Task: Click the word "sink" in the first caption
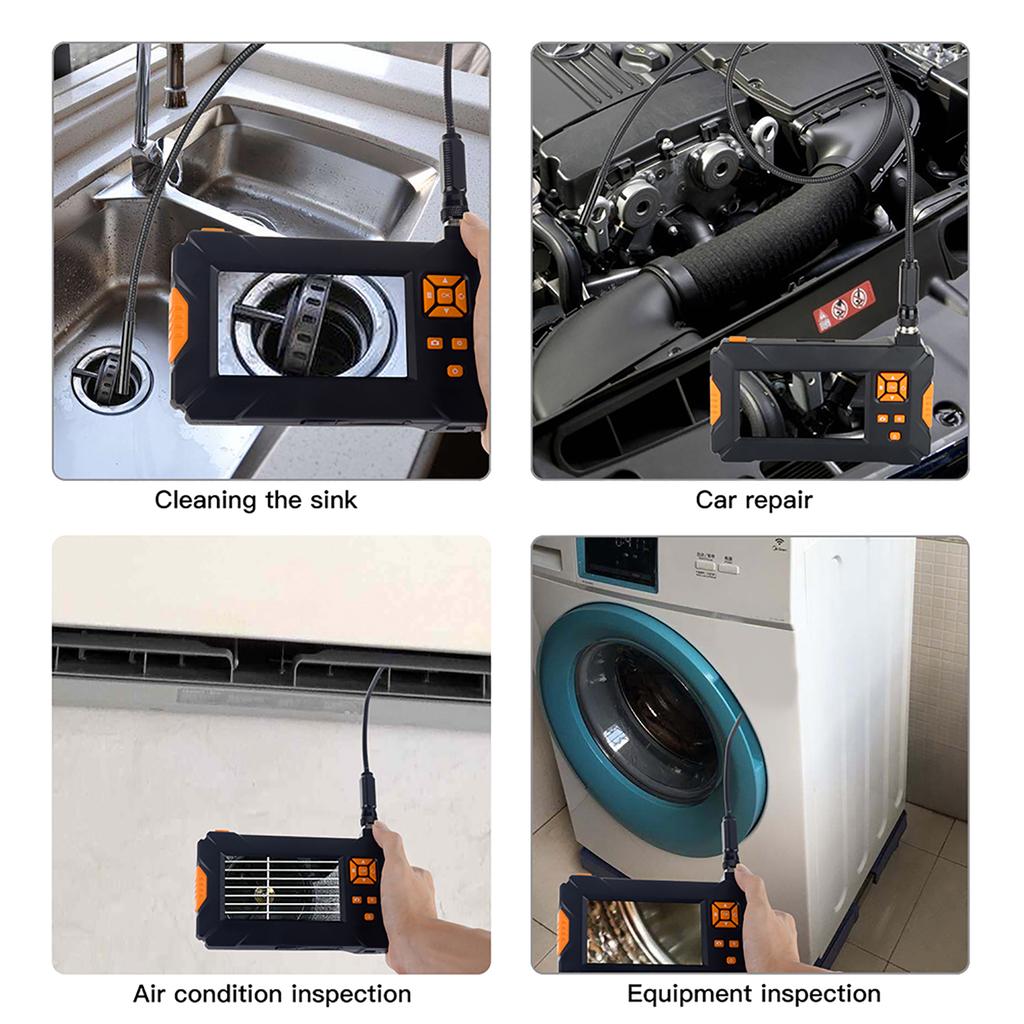point(331,500)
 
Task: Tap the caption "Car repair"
point(754,500)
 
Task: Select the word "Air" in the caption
point(152,994)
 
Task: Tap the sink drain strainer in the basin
point(110,378)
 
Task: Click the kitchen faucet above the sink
point(150,130)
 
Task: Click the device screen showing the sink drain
point(312,324)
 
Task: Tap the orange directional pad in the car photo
point(891,386)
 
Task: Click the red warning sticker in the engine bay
point(843,302)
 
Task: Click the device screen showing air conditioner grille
point(281,887)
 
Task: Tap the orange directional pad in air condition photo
point(364,870)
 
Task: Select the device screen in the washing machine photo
point(642,931)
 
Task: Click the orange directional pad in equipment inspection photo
point(725,914)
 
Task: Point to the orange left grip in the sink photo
point(177,325)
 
